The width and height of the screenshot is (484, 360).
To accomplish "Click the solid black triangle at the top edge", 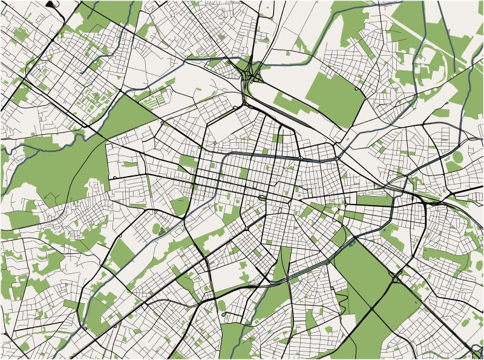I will [x=50, y=4].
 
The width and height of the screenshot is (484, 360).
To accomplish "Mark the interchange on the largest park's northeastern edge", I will [x=396, y=278].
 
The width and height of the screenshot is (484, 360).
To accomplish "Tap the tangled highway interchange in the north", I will [x=250, y=76].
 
